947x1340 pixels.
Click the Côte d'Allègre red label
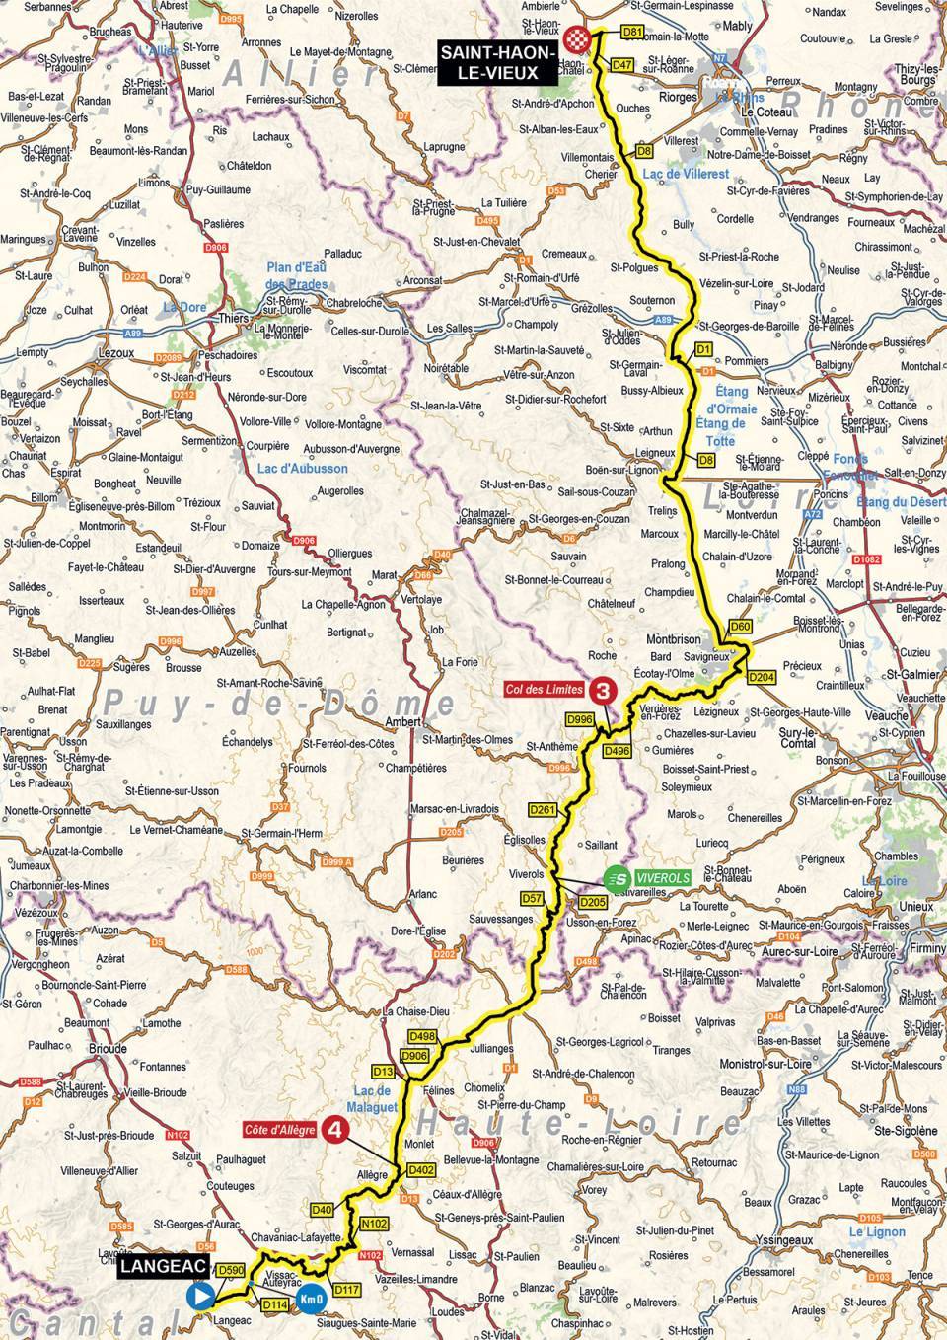coord(281,1129)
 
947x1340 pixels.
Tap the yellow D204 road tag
coord(761,677)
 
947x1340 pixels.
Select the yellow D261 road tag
coord(543,810)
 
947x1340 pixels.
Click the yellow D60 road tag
coord(742,626)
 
